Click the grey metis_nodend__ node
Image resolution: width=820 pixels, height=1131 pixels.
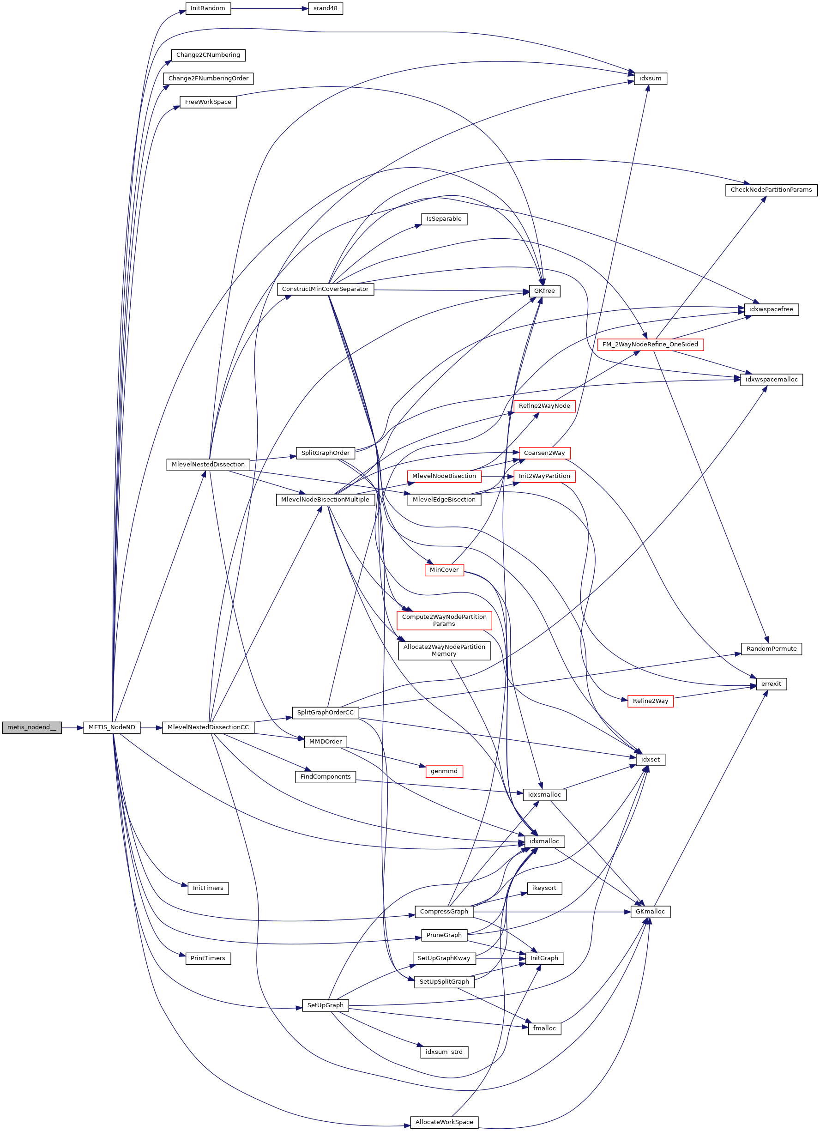(x=31, y=727)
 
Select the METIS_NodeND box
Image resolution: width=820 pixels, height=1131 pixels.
(x=112, y=727)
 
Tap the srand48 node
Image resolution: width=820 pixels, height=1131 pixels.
(x=325, y=8)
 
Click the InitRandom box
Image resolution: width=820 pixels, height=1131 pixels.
(x=208, y=8)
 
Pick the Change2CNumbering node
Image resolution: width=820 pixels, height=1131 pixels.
(x=208, y=55)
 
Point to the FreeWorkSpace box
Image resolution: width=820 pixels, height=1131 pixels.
(x=208, y=102)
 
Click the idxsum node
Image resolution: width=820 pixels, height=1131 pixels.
(x=650, y=79)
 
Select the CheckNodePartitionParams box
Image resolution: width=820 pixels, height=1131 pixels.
(x=771, y=189)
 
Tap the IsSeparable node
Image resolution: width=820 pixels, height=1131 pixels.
(x=444, y=219)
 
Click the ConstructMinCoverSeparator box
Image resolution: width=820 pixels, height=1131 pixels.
(x=325, y=289)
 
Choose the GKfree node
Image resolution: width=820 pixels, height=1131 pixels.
(x=544, y=291)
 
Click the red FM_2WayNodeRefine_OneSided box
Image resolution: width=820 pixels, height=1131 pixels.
(x=650, y=345)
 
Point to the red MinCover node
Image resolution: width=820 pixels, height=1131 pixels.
(x=444, y=570)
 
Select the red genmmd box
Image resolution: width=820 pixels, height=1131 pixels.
(x=444, y=771)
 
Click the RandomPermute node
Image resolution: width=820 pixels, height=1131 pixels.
(x=771, y=649)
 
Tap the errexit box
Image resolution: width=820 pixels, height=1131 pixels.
(x=771, y=683)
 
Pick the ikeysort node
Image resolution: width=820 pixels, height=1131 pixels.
(x=544, y=888)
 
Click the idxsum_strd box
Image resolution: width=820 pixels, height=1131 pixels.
(x=444, y=1052)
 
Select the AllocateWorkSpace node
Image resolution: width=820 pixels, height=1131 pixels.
(x=444, y=1122)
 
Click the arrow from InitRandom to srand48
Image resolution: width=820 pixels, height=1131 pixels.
(x=269, y=8)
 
